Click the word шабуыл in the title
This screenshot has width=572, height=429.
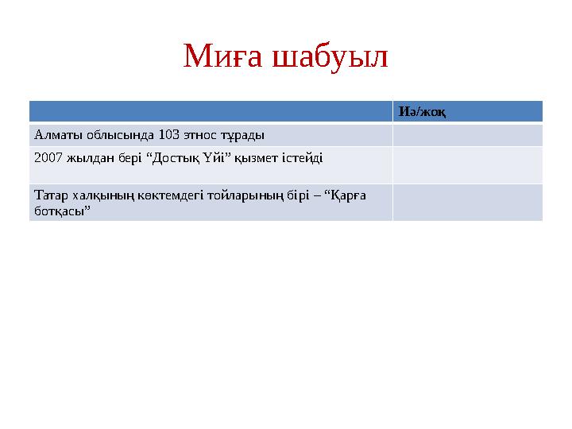coord(330,56)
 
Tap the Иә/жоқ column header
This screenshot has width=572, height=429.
coord(421,112)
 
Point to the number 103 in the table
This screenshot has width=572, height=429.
coord(168,134)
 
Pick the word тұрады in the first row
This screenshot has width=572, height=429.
coord(243,134)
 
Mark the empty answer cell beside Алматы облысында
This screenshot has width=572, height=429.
coord(467,134)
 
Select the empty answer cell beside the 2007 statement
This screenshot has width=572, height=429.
coord(467,164)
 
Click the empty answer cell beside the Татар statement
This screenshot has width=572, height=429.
coord(467,202)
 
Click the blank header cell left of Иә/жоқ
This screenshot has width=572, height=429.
coord(211,112)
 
